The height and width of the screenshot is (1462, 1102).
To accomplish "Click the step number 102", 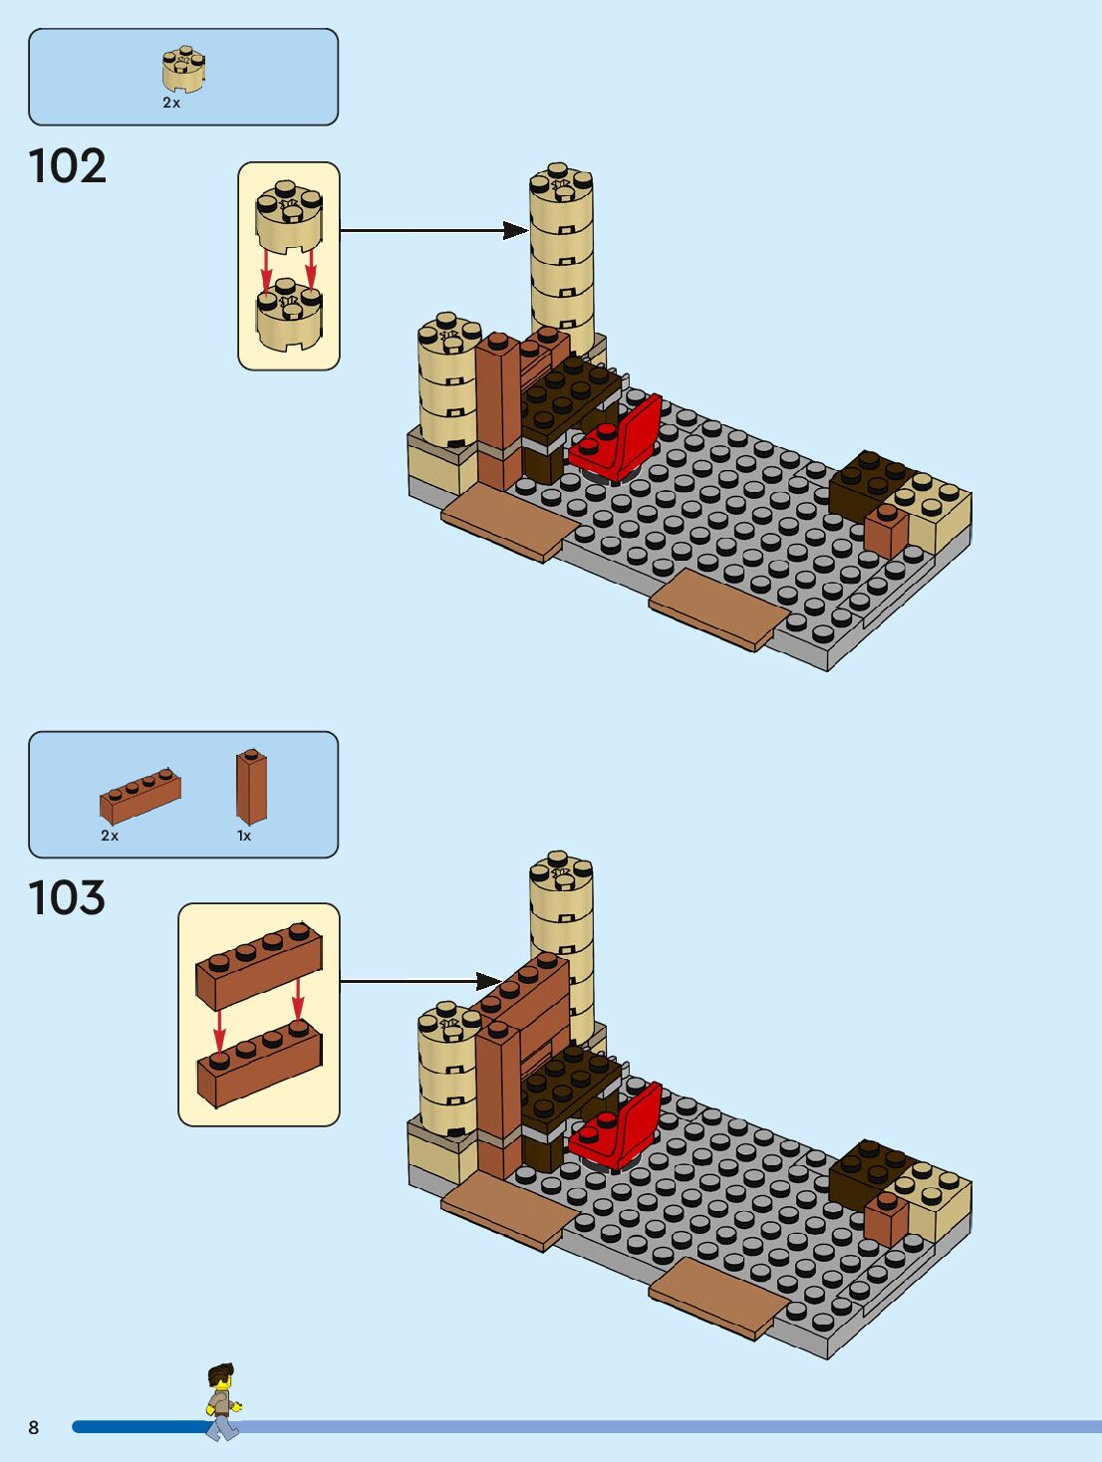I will (67, 166).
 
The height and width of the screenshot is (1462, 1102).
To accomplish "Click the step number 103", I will (67, 897).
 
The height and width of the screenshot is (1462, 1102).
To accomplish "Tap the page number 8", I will (33, 1427).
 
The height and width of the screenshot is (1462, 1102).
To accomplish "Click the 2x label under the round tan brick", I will (171, 103).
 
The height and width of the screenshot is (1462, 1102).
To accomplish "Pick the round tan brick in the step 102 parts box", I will (183, 69).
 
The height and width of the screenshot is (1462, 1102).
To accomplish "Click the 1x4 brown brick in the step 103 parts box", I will (140, 794).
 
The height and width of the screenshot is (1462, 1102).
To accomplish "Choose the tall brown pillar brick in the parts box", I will (251, 786).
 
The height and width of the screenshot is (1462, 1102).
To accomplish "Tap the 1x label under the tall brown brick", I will (244, 836).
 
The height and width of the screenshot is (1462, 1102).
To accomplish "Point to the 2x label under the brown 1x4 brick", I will (110, 836).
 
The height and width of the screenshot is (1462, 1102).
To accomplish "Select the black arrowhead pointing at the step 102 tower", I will (515, 231).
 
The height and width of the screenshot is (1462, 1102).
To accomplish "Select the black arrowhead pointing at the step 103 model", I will (488, 981).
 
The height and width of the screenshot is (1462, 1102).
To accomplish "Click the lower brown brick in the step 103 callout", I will (260, 1066).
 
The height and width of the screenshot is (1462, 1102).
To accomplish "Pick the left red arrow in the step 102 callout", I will (266, 267).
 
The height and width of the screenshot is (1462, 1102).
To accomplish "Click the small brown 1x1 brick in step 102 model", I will (885, 530).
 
